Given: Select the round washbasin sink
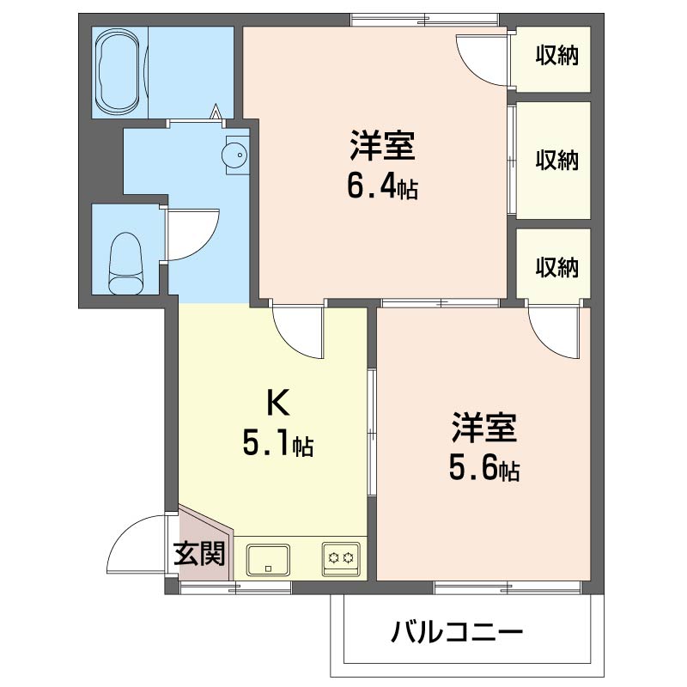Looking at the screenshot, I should [234, 155].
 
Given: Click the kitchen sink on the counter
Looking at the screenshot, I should [268, 560].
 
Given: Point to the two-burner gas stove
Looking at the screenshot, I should [340, 559].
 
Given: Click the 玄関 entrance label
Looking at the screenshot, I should [200, 555].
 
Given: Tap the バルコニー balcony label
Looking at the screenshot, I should [458, 635].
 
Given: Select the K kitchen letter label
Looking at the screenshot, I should [276, 402].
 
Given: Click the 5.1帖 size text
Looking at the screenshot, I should [277, 443].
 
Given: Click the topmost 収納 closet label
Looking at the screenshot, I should [556, 56].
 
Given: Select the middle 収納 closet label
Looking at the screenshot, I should [556, 160].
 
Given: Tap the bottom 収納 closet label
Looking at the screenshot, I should [556, 266].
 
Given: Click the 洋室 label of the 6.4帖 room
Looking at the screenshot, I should [382, 146].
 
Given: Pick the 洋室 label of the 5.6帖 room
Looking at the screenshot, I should [484, 427].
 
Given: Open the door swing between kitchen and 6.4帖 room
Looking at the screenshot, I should [299, 331].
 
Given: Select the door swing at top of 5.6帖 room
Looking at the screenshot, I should [554, 331].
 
